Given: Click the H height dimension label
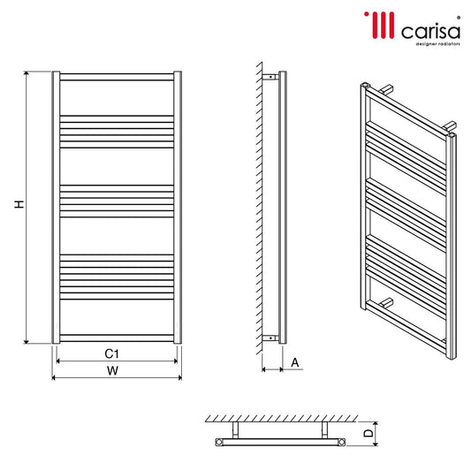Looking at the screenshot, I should coord(19,204).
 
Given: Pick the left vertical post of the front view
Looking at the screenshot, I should coord(56,208).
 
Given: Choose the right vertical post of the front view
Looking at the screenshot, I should coord(179,208).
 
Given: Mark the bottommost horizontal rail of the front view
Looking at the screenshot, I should coord(117,338).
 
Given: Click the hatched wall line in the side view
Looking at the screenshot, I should coord(260,208).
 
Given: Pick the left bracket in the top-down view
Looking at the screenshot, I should coord(236,429).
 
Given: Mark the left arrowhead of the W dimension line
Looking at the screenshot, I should coord(55,378).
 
